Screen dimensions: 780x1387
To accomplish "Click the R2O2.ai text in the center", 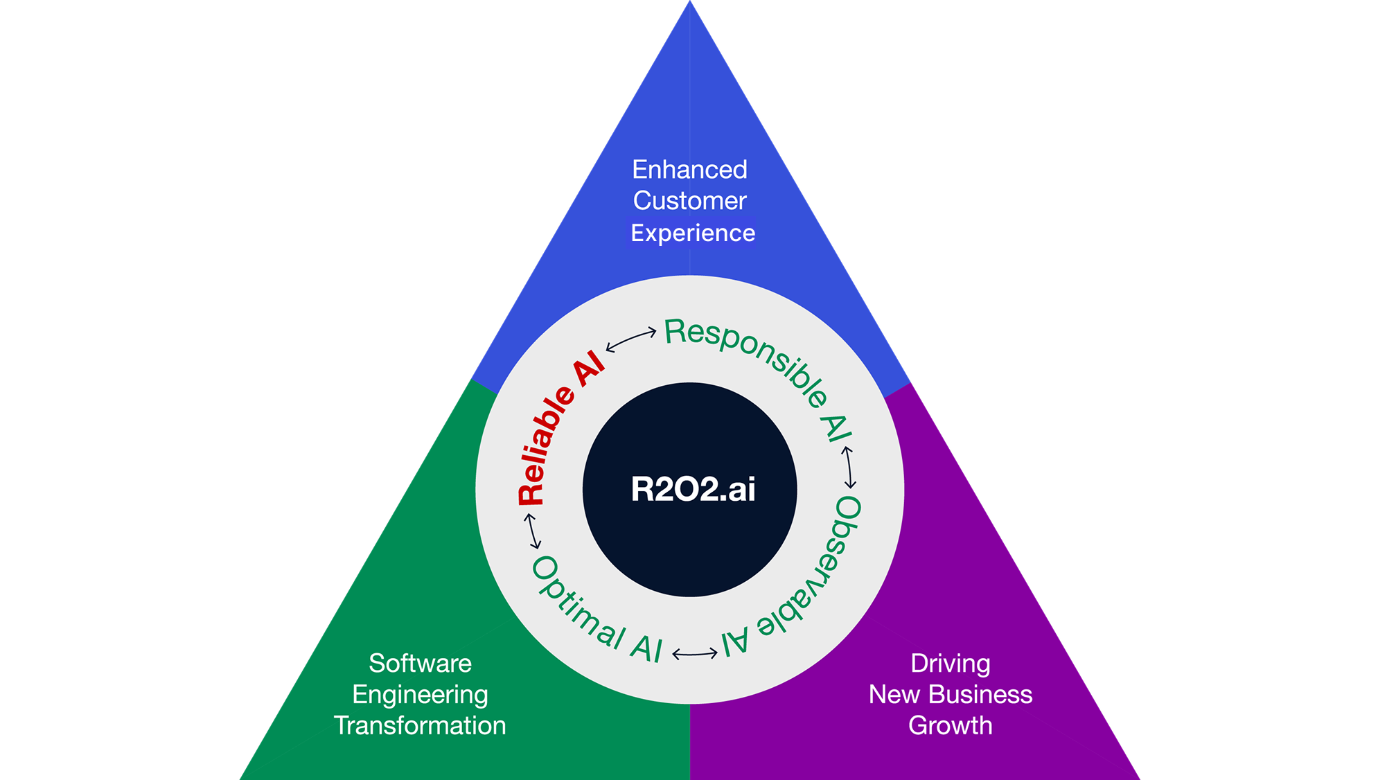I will tap(693, 489).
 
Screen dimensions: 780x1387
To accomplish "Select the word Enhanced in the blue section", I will tap(690, 170).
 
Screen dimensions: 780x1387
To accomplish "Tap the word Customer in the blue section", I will tap(690, 201).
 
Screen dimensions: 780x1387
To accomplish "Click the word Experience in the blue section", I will tap(693, 233).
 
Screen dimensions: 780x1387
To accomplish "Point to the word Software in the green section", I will tap(420, 663).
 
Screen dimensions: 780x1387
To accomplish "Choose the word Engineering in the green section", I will tap(420, 694).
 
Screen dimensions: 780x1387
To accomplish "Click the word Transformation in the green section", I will tap(420, 725).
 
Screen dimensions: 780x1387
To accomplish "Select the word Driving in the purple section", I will tap(950, 663).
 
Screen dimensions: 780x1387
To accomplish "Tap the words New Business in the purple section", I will tap(950, 694).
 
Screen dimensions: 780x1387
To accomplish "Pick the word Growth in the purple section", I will tap(950, 725).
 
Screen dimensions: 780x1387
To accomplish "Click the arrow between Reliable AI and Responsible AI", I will tap(631, 339).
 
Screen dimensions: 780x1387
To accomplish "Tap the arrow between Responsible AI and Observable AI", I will tap(849, 468).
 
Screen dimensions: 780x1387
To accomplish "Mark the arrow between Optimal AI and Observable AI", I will tap(695, 653).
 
